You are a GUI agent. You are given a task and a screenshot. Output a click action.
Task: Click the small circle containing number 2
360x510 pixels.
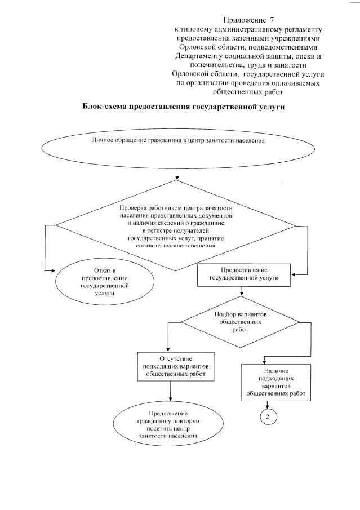point(268,416)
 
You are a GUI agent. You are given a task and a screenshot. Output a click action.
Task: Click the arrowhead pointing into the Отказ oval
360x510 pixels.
point(48,271)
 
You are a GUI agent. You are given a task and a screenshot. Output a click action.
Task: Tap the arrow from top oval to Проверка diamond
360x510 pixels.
point(177,173)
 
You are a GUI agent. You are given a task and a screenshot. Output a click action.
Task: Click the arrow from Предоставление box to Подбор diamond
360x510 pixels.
point(242,292)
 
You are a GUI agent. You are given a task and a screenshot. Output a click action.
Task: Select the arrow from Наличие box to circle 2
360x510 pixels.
point(268,405)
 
